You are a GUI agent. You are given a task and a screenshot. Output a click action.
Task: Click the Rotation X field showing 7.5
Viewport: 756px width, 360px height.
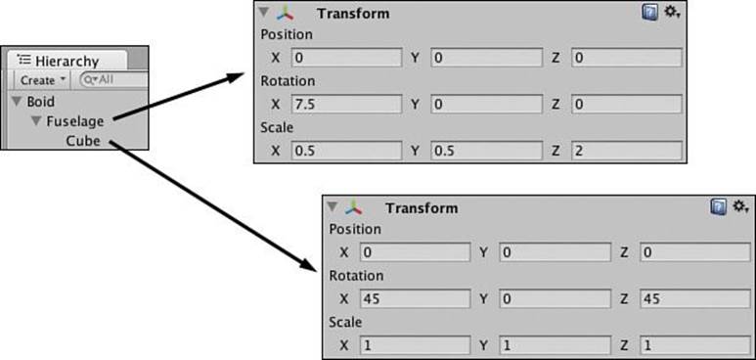click(x=346, y=105)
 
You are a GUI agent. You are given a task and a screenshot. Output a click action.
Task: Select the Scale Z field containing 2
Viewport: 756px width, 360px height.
click(x=627, y=151)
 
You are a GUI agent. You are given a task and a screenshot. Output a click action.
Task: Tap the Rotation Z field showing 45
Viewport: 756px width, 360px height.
click(x=695, y=298)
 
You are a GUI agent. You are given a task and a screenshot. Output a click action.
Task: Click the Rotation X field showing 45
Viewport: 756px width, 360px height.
click(x=415, y=298)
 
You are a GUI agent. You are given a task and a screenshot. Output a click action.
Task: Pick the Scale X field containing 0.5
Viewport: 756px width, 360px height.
click(x=346, y=151)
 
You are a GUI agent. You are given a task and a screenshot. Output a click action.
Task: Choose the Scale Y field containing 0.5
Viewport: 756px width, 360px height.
click(x=486, y=151)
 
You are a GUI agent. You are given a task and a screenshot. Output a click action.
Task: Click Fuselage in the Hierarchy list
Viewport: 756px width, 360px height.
click(x=74, y=121)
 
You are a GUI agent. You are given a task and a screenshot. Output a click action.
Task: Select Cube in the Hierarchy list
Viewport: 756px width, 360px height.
click(x=83, y=141)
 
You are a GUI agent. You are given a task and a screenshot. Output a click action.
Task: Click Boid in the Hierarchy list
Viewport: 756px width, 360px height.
click(x=40, y=102)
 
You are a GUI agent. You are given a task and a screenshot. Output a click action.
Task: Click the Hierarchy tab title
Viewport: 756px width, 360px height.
click(x=67, y=62)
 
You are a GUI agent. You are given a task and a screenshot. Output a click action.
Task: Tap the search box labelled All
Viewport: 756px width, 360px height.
click(x=113, y=79)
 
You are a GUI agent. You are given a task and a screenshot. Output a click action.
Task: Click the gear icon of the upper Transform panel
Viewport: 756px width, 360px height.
click(x=672, y=12)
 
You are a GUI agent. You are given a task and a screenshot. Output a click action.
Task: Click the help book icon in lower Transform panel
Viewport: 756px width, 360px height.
click(x=719, y=207)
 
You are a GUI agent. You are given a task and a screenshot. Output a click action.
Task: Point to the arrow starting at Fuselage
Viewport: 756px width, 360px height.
click(x=179, y=97)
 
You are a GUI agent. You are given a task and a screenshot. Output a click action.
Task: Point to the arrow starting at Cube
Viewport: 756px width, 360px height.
click(x=212, y=205)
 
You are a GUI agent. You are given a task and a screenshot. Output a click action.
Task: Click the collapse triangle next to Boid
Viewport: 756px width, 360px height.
click(x=18, y=102)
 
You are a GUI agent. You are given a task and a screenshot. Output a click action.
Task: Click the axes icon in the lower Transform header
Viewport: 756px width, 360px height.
click(x=355, y=207)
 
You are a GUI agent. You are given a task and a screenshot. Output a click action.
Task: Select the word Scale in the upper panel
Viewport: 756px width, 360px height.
click(x=277, y=127)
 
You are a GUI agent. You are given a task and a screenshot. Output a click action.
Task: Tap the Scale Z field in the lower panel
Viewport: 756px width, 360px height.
click(x=695, y=345)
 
